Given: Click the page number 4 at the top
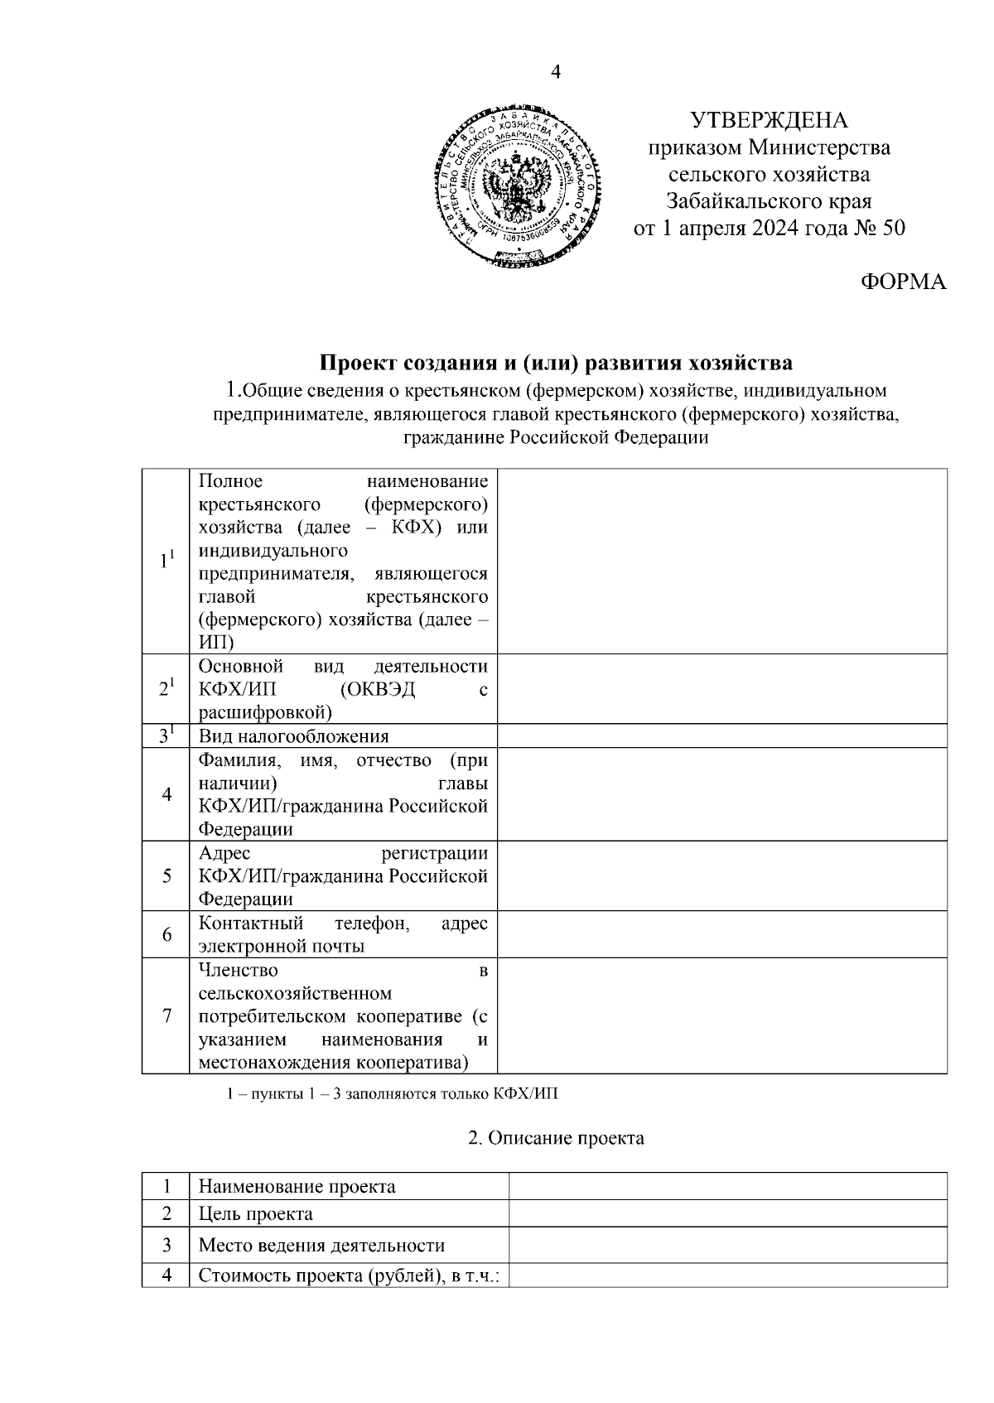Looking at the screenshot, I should coord(556,73).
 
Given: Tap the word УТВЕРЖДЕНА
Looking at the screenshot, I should coord(770,121).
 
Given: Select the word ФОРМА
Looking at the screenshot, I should coord(903,282).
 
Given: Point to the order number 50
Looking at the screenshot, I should coord(894,228).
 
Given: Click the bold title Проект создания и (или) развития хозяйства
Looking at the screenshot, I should coord(556,363).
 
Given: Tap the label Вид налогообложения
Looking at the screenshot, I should coord(293,736).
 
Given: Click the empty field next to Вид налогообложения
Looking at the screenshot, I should coord(721,736).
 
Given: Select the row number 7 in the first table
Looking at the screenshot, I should coord(166,1015).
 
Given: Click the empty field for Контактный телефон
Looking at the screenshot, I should coord(721,934).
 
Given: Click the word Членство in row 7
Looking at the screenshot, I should coord(239,970).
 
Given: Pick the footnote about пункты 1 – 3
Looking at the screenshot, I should coord(393,1094).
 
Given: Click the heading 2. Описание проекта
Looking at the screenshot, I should coord(556,1138).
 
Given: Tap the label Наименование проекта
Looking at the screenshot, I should coord(297,1186).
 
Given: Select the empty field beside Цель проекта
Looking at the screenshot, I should coord(727,1214).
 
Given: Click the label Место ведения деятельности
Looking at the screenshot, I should coord(321,1245).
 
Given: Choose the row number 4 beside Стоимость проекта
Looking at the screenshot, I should coord(166,1275).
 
